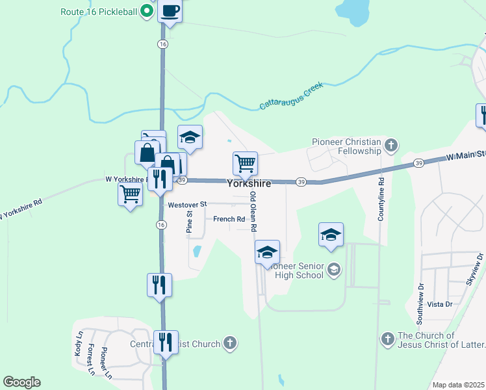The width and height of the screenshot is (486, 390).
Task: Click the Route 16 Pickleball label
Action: pos(99,12)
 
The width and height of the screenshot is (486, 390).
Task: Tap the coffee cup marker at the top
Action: pos(170,11)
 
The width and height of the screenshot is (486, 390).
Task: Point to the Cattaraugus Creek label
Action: pos(291,95)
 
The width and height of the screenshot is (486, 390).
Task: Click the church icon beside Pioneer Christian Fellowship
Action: pos(391,145)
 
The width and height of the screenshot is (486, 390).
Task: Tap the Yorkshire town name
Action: pos(249,184)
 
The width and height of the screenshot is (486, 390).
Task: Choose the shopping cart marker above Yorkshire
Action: pos(245,163)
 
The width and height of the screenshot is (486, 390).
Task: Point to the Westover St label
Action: pos(186,204)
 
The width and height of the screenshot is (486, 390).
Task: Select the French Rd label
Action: pos(229,219)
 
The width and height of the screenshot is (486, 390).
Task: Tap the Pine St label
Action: pos(190,221)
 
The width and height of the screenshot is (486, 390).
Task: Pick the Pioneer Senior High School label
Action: pos(297,270)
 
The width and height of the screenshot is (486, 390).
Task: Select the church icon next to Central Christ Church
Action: pos(229,343)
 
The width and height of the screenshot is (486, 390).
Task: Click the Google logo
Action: pos(21,382)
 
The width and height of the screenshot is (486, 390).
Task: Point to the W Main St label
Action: pos(465,156)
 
